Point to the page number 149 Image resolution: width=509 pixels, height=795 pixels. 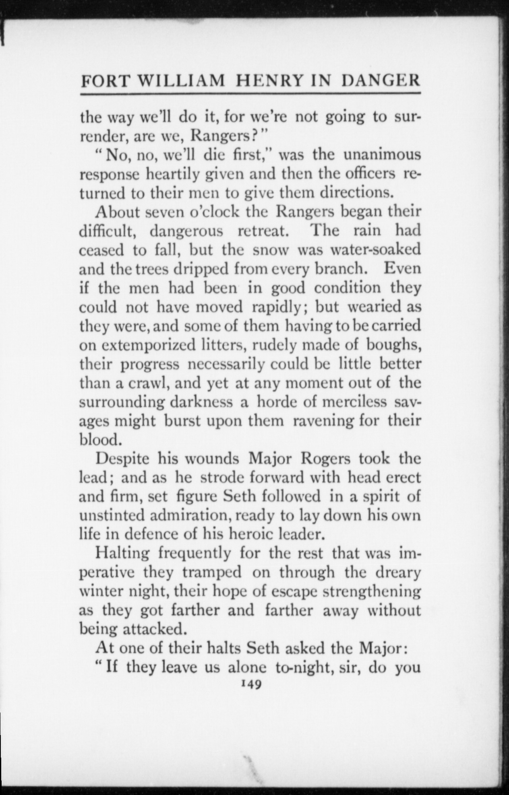tap(250, 683)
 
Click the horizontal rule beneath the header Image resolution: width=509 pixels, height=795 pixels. tap(250, 94)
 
